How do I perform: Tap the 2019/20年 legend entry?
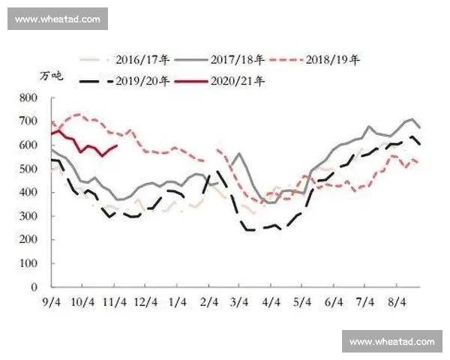[142, 79]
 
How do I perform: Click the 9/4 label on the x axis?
[51, 301]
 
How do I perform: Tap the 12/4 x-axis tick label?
[146, 301]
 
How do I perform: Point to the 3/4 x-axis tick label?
[238, 301]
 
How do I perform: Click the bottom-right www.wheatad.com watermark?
[392, 341]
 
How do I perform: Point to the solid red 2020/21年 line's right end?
[116, 146]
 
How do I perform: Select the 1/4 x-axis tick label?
[178, 301]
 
